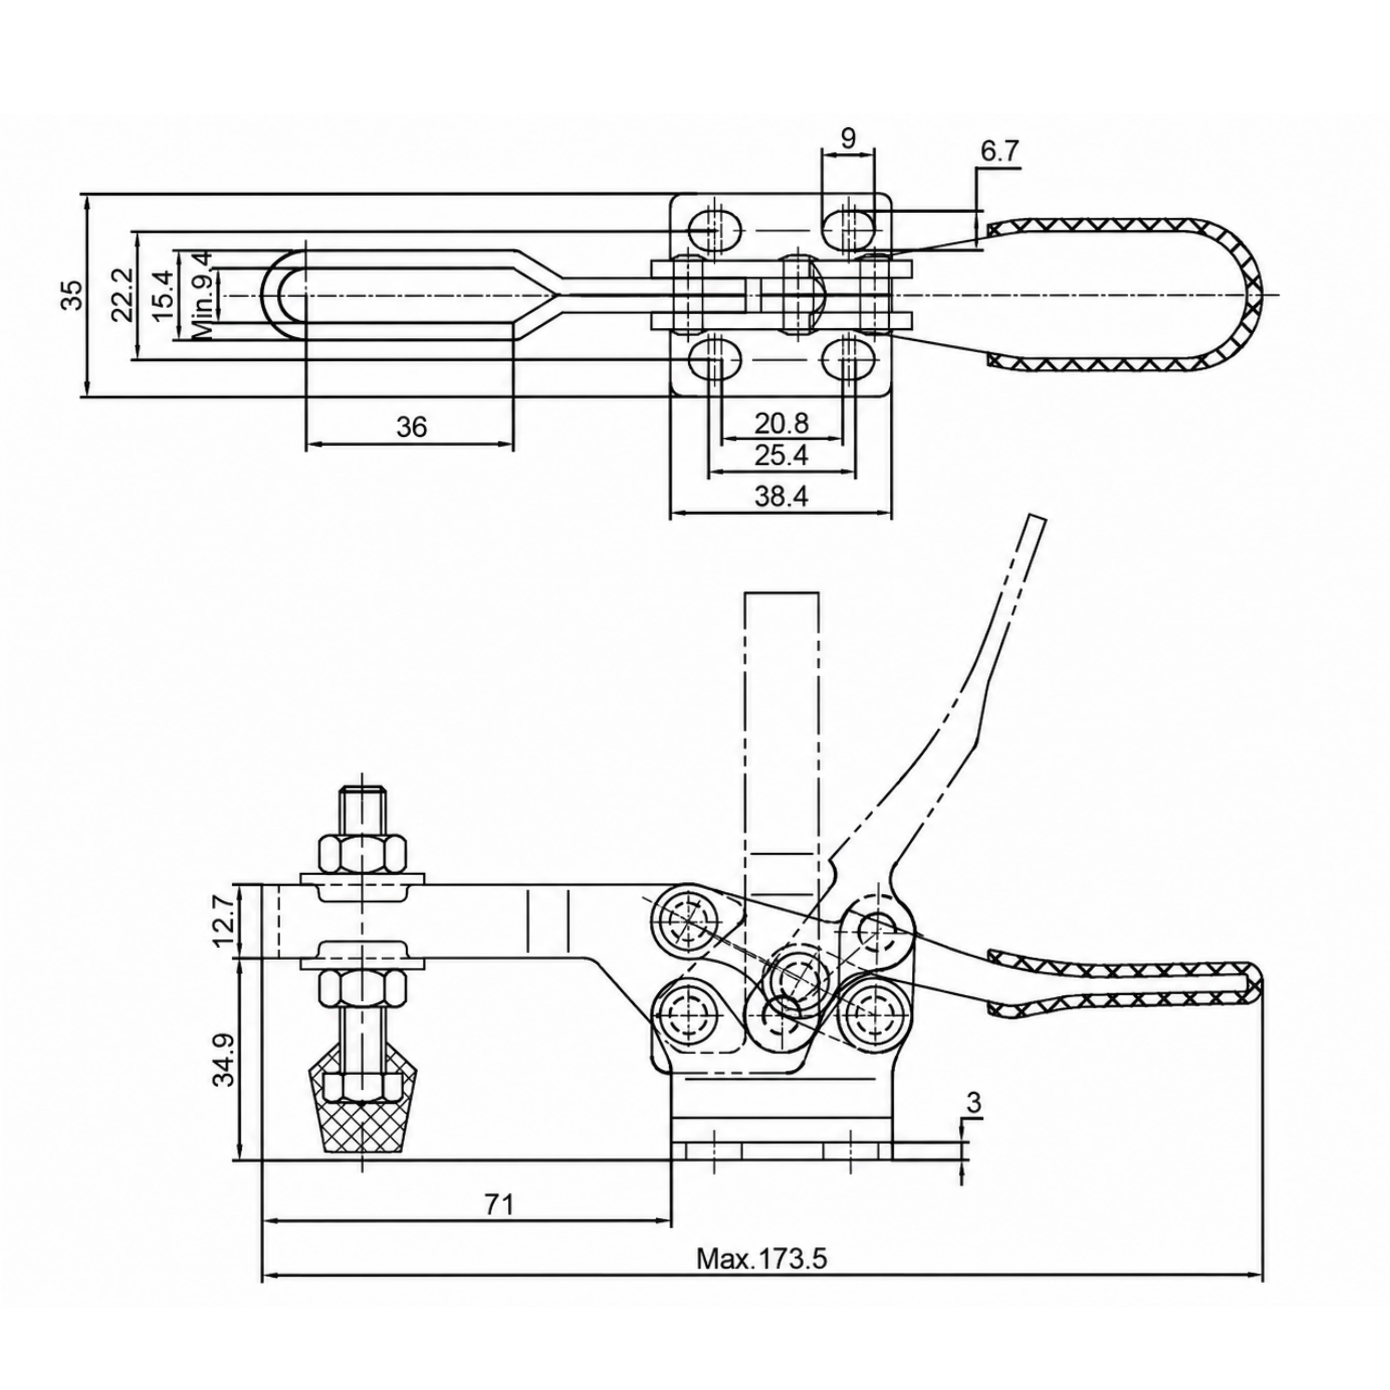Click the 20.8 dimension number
781,423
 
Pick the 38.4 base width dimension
781,496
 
